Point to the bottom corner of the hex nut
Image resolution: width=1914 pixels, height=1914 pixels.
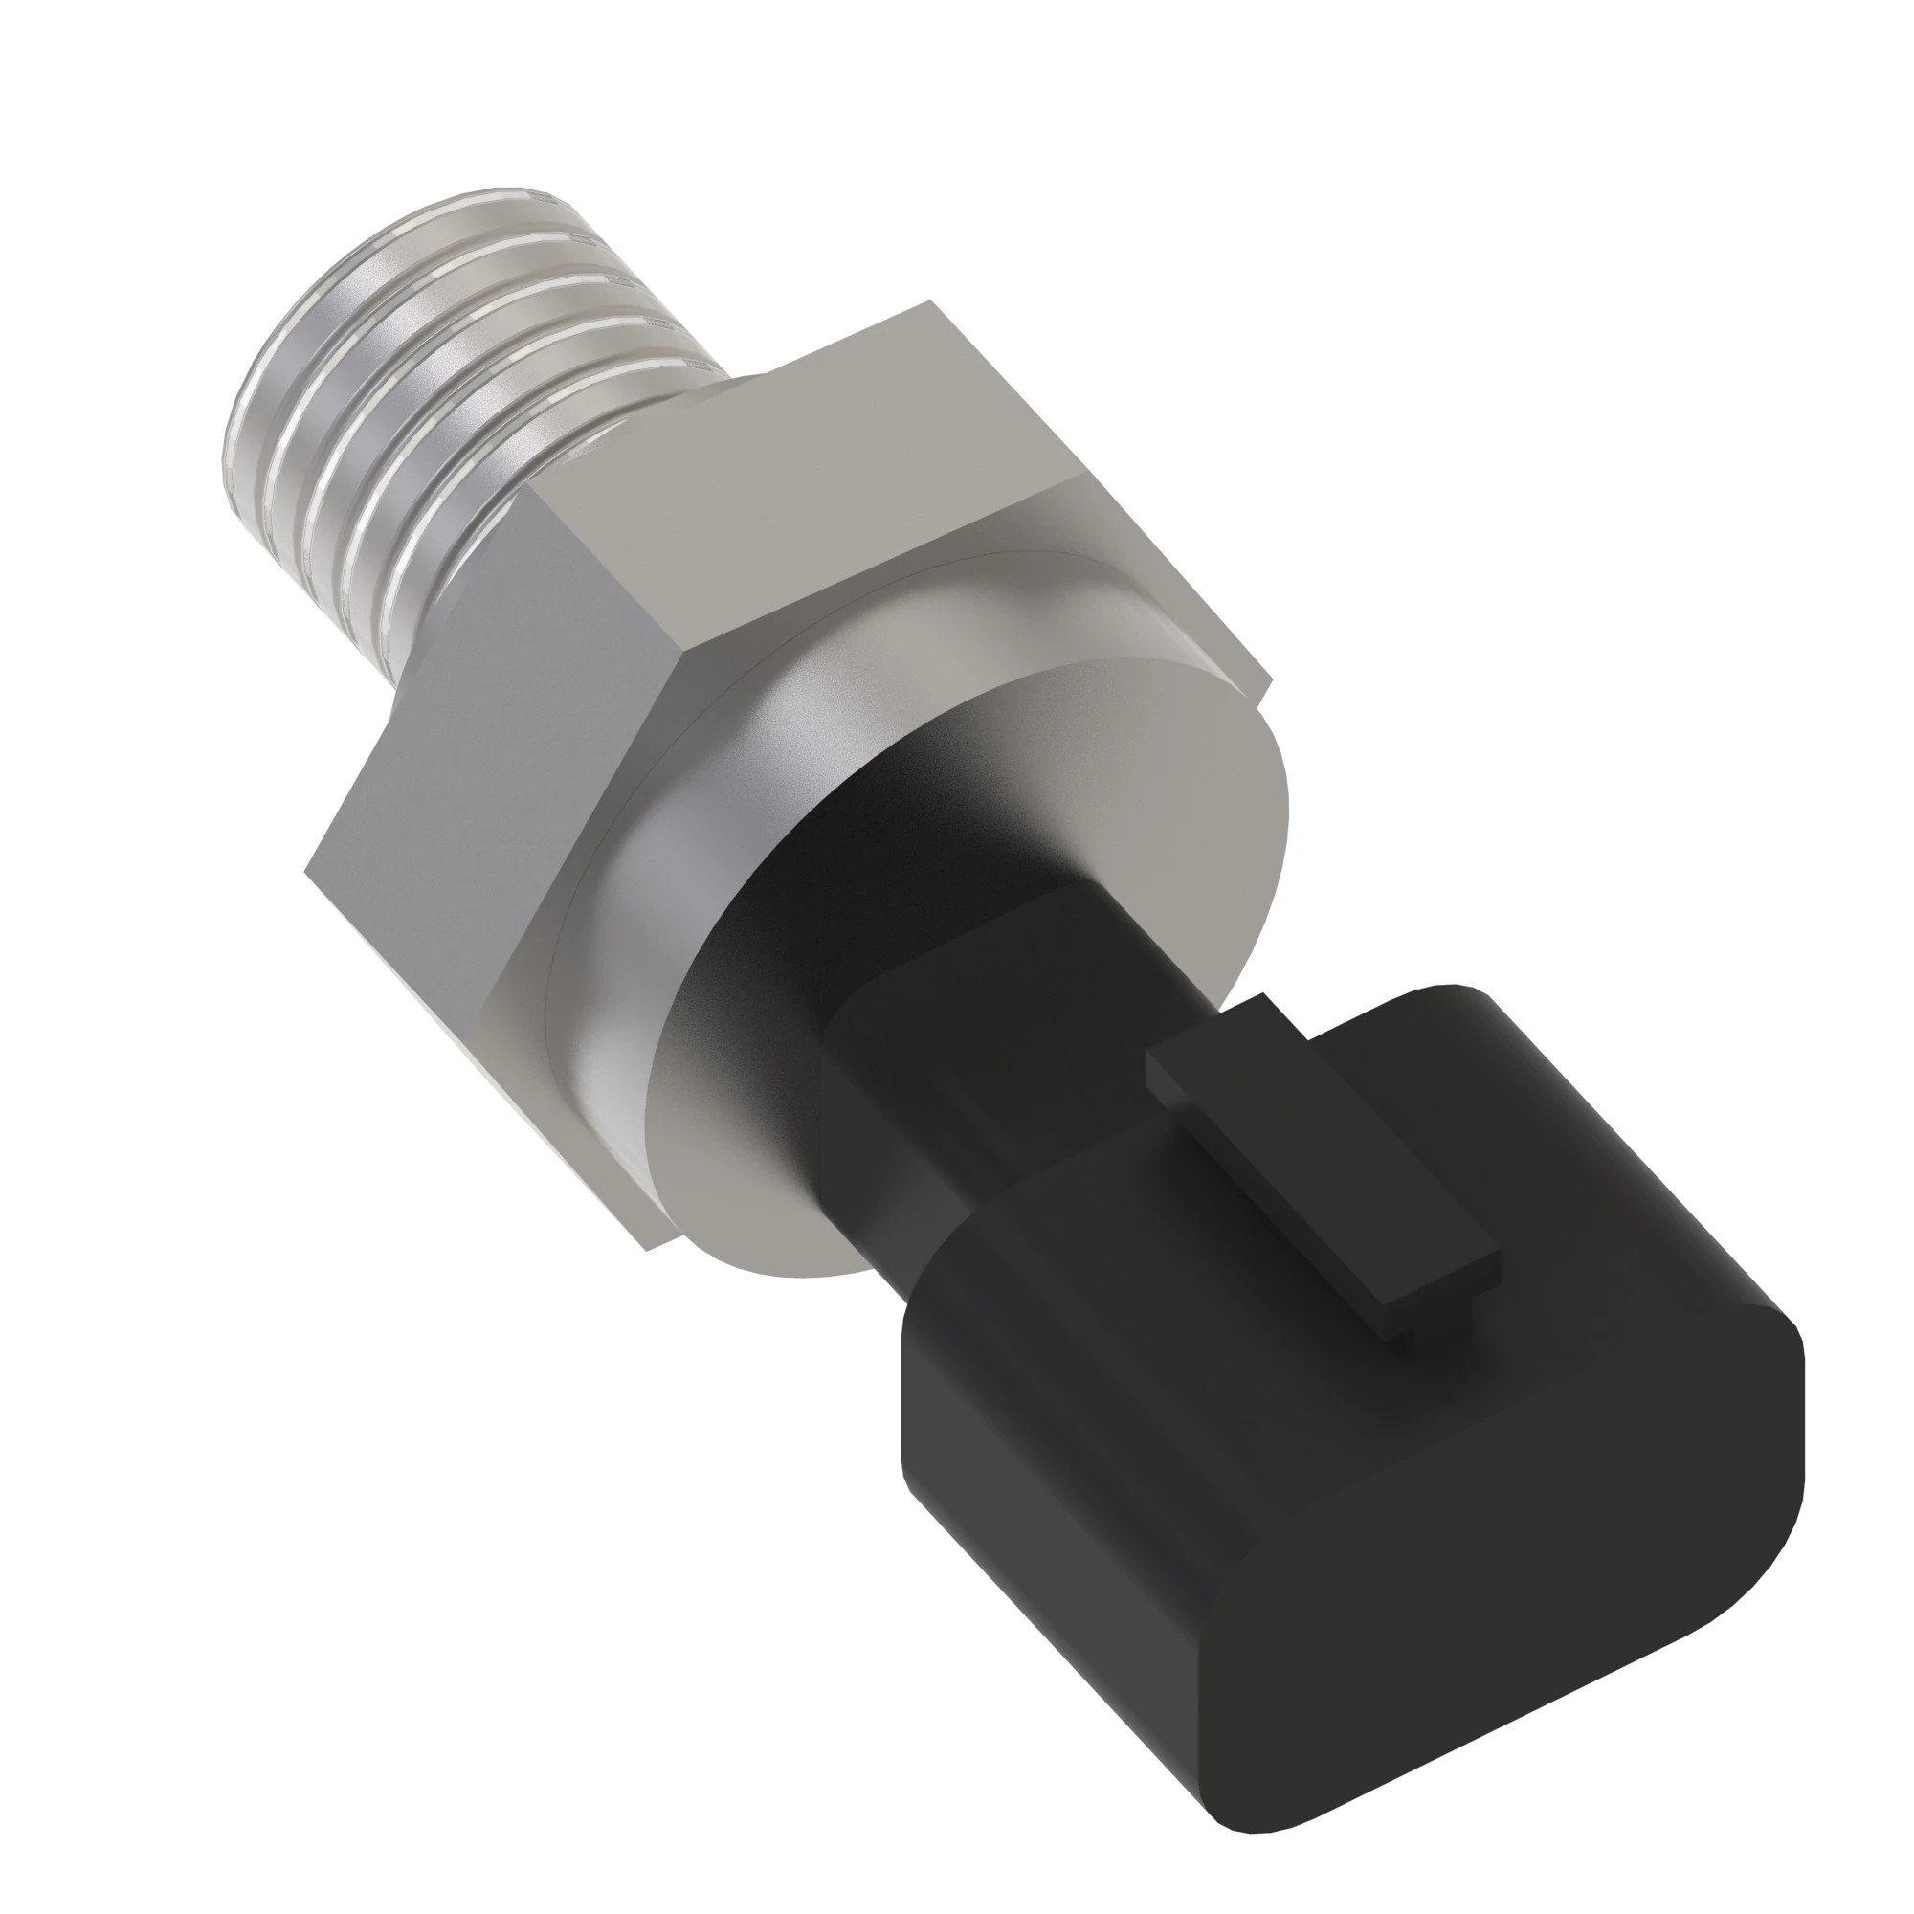[649, 1249]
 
